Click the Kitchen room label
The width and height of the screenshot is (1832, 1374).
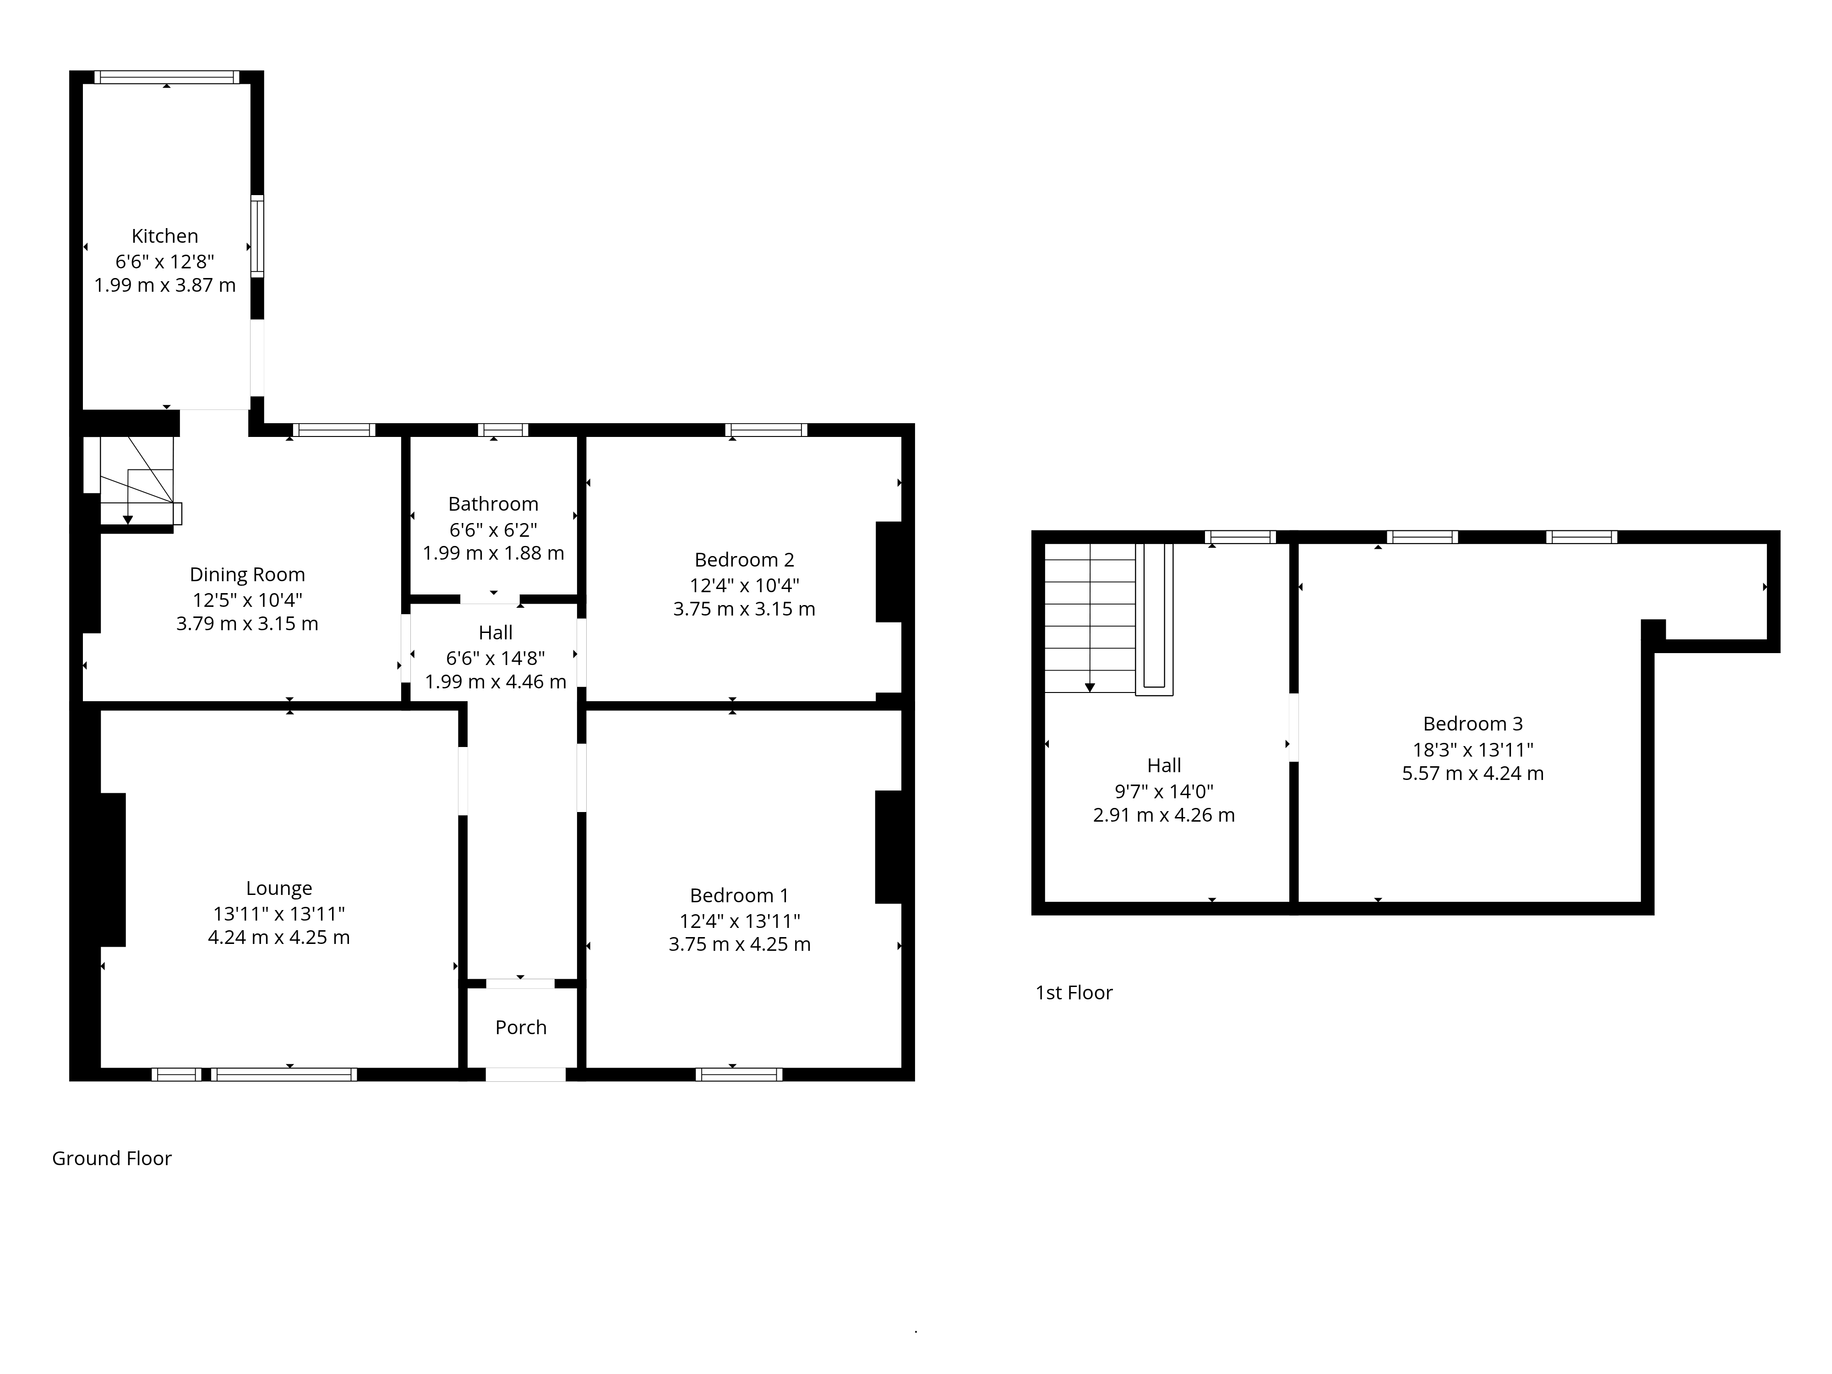(165, 236)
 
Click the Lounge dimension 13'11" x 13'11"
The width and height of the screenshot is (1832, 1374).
(279, 914)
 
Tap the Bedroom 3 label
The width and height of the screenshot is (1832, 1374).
(1472, 723)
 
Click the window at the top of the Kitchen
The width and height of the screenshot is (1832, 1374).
(166, 77)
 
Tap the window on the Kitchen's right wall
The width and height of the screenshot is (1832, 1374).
(257, 235)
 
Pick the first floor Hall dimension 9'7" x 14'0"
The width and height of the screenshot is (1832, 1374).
(1164, 791)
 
